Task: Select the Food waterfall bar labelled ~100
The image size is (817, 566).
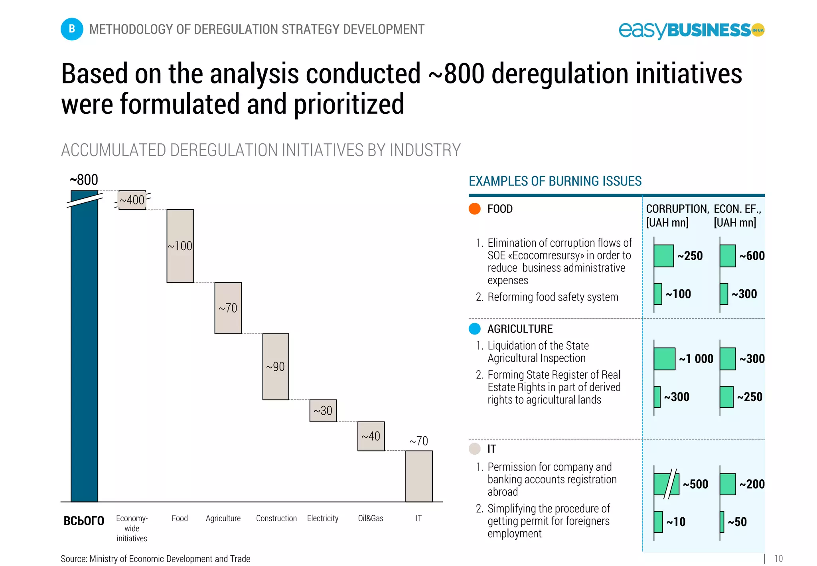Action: coord(180,246)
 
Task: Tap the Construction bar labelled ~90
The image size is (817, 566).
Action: coord(276,366)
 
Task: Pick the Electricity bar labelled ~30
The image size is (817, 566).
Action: coord(323,410)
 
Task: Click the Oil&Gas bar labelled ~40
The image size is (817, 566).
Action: coord(371,436)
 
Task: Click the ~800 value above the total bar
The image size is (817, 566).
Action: coord(84,180)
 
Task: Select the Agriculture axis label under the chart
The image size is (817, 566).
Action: coord(223,518)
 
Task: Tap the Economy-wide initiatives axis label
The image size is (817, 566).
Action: coord(132,528)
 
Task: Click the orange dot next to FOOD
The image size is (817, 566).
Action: coord(474,209)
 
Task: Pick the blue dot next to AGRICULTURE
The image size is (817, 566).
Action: coord(474,329)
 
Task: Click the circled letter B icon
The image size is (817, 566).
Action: coord(72,29)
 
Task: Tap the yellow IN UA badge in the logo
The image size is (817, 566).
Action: coord(758,30)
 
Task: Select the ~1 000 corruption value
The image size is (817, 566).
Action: coord(696,358)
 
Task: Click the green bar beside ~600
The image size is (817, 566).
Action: coord(728,256)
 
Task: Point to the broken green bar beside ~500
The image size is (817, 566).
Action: coord(666,484)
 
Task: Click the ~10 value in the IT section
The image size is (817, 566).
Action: coord(676,522)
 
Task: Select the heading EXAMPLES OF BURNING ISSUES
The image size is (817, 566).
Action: coord(555,181)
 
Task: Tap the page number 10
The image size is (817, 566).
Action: coord(778,558)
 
